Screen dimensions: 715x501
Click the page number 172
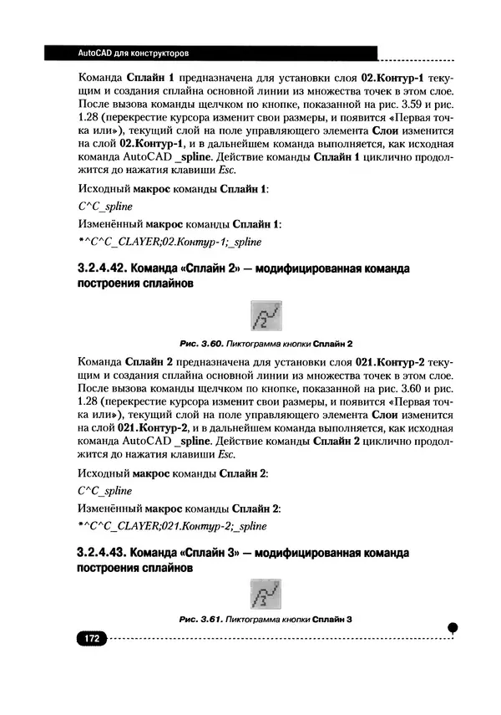(89, 638)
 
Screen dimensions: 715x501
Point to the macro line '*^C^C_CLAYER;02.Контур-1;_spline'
(168, 242)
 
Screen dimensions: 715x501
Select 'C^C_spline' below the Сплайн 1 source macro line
(104, 207)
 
